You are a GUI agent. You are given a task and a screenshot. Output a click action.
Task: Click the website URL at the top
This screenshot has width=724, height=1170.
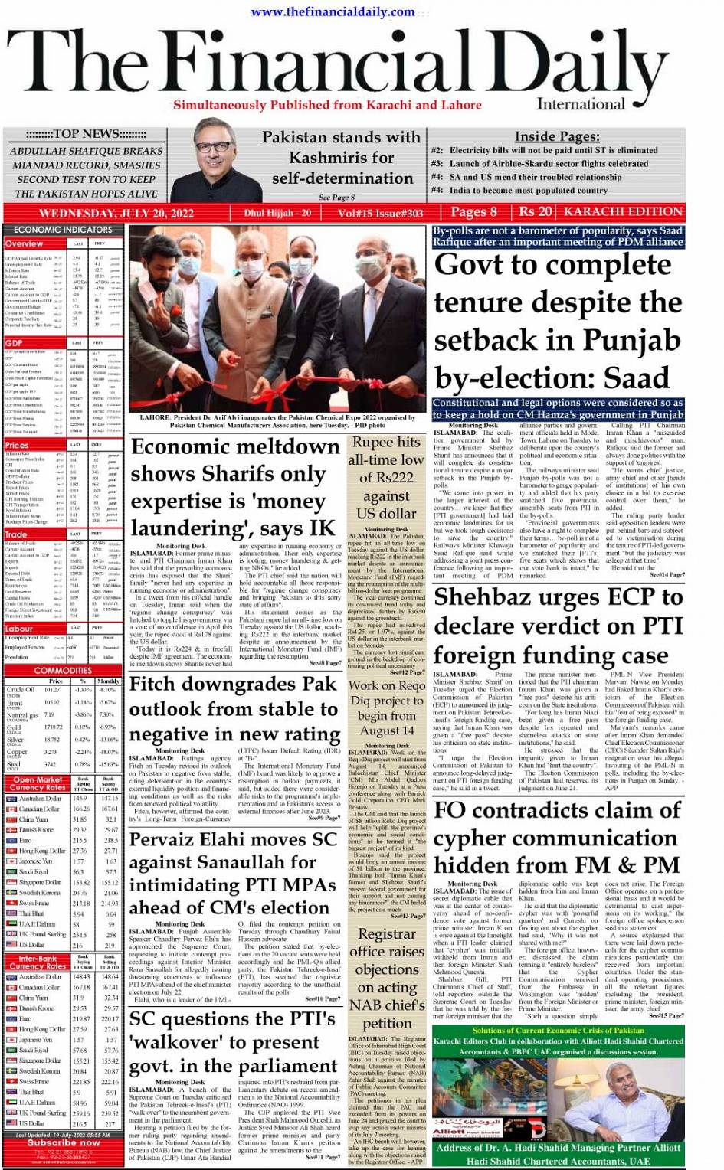(333, 11)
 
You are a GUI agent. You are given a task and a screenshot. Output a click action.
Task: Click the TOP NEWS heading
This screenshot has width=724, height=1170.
(85, 134)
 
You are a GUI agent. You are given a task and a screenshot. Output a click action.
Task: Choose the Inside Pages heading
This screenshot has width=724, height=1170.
(556, 136)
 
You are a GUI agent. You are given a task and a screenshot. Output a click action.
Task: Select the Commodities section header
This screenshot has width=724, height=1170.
(63, 671)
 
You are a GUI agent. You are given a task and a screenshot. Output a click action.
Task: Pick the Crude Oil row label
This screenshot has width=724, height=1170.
(21, 689)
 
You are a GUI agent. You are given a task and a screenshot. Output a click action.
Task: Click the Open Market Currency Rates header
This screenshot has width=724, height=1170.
(38, 783)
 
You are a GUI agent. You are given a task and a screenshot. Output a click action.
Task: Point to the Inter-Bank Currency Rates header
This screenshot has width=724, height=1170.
(38, 962)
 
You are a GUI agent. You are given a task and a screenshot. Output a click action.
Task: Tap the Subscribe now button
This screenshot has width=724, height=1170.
(63, 1142)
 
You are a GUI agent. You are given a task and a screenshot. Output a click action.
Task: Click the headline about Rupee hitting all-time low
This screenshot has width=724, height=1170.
(386, 477)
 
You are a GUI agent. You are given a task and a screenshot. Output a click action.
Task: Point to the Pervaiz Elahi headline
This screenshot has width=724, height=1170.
(233, 873)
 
